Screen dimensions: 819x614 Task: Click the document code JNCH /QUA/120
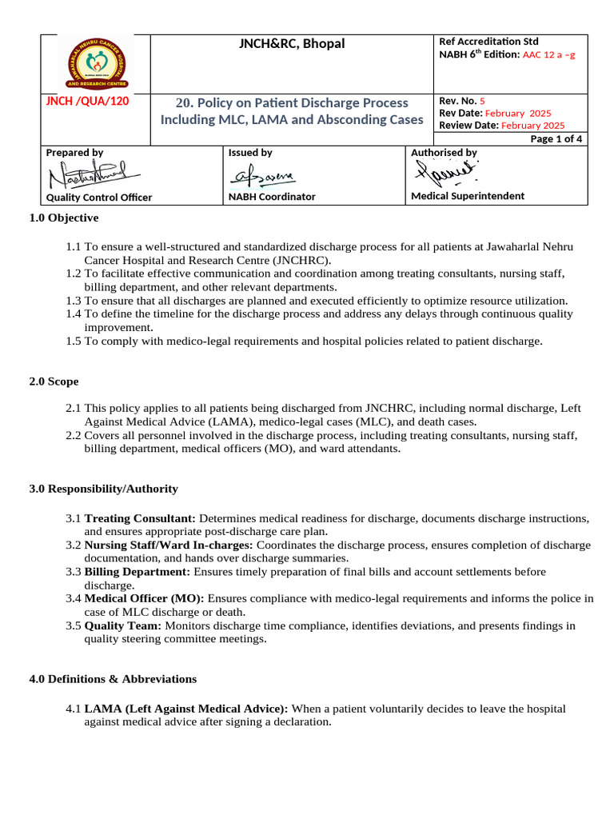(86, 101)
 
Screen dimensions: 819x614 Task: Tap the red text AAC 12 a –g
(550, 55)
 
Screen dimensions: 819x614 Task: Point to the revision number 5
(482, 101)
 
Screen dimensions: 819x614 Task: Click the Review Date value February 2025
(532, 126)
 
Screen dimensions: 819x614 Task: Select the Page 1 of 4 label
(556, 138)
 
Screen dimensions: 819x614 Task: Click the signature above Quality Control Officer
(92, 175)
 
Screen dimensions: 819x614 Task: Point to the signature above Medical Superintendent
(446, 171)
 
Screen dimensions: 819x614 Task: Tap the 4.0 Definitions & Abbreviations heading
(113, 679)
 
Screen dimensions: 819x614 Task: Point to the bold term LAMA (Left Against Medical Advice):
(186, 709)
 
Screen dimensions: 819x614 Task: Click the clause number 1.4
(74, 314)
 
